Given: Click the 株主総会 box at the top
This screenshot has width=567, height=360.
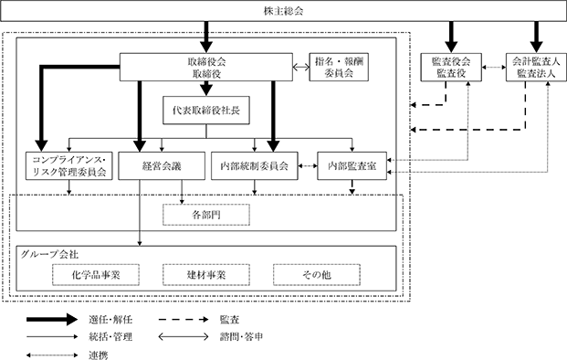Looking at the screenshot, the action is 283,11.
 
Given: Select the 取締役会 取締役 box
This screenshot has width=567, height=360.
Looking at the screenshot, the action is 206,68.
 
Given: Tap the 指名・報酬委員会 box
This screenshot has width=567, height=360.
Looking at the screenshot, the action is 339,68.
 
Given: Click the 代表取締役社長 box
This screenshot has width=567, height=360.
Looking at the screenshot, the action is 206,111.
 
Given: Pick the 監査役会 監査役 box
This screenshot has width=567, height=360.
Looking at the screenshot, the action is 451,68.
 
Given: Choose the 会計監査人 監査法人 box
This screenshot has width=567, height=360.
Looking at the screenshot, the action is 536,68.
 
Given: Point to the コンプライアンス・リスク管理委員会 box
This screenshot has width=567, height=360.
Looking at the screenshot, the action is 69,165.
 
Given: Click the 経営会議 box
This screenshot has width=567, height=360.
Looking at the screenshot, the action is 162,165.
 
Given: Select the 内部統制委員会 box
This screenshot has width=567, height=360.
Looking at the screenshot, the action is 255,165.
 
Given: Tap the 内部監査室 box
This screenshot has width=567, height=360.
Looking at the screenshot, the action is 352,165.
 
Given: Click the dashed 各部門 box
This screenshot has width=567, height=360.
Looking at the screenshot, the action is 206,215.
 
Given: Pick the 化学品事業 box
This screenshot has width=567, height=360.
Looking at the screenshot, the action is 96,275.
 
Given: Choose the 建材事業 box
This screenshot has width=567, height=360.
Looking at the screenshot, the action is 206,275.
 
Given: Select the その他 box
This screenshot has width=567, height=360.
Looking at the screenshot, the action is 317,275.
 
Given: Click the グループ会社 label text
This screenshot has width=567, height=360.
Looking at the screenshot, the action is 49,254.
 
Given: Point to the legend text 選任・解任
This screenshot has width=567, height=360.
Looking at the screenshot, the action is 110,320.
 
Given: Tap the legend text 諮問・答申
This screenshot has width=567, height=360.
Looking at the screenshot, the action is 241,337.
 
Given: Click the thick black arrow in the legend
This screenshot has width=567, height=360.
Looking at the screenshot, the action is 52,320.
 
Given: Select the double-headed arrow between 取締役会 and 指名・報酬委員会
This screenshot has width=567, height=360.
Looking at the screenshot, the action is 301,68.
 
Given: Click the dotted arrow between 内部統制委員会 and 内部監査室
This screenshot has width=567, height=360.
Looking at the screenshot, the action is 308,166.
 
